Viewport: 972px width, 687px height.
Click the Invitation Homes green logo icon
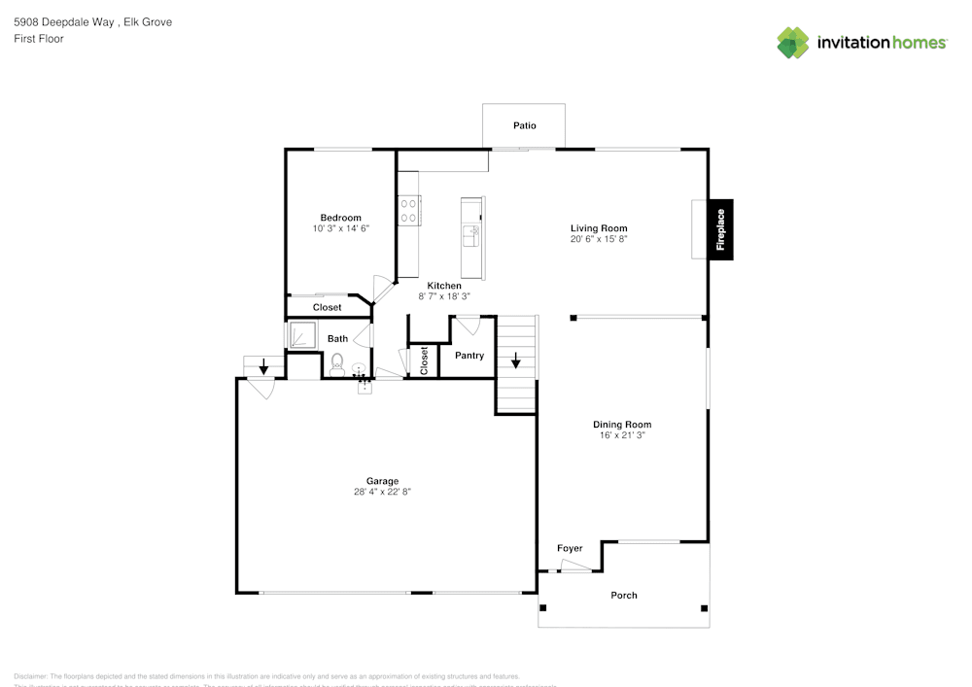click(793, 43)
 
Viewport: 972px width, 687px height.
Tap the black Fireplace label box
click(720, 230)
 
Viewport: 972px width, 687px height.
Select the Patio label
click(525, 125)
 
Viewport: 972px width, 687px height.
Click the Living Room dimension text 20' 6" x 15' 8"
click(599, 238)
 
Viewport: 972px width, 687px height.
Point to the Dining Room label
click(622, 424)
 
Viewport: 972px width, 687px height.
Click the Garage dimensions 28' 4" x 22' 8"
click(382, 492)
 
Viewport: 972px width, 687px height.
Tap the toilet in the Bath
click(337, 363)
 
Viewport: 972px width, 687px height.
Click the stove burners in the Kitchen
click(408, 211)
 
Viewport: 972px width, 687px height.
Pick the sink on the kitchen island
click(471, 234)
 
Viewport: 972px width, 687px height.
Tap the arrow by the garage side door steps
click(263, 366)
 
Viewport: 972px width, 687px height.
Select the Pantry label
click(469, 356)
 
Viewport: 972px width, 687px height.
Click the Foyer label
click(570, 548)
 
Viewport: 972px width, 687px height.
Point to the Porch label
click(624, 595)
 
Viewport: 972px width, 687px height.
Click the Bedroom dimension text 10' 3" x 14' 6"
click(340, 228)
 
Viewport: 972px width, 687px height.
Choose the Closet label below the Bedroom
click(327, 307)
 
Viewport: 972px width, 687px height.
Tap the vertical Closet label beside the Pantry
click(424, 361)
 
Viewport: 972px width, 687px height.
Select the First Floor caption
click(39, 39)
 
